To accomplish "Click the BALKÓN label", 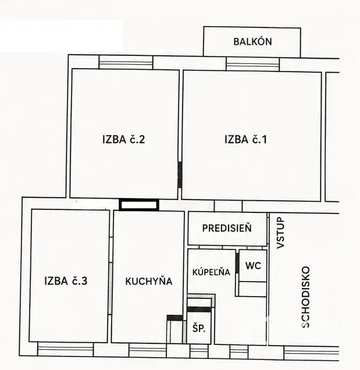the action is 252,41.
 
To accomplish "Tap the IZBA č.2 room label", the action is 123,139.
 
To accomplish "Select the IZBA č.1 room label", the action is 245,139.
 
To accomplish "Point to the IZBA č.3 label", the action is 66,281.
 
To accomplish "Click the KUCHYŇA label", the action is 149,281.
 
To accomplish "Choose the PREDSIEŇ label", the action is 227,228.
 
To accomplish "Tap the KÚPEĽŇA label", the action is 211,272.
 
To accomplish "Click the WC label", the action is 253,266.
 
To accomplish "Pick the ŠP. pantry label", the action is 199,328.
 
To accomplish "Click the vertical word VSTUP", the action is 280,233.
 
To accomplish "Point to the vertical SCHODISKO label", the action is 306,297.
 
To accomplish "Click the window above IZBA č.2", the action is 126,62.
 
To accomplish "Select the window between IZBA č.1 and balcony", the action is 252,64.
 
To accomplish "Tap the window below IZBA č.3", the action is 66,349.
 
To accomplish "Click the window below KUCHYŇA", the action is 148,350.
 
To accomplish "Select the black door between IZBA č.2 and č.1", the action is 180,175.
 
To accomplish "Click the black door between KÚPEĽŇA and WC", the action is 237,261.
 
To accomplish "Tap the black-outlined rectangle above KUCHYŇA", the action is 139,205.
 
